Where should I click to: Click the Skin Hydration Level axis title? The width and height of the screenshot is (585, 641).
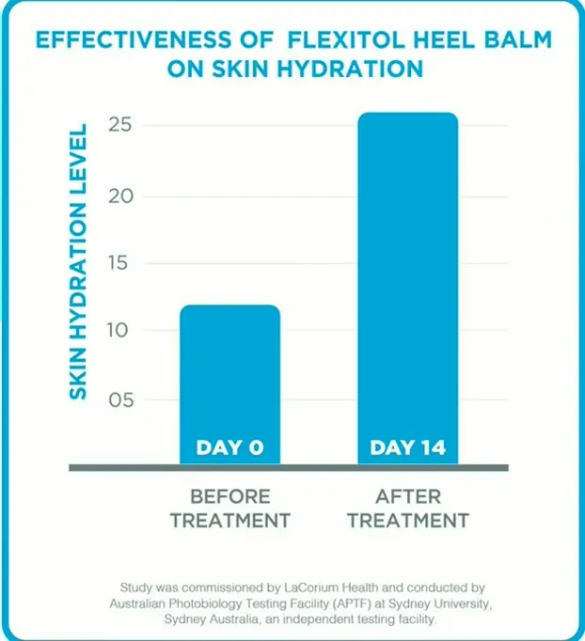coord(79,260)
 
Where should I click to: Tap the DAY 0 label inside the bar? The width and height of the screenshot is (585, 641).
coord(229,447)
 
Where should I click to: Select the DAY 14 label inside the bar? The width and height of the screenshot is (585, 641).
coord(407,447)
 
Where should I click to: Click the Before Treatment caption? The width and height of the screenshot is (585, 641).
coord(230,508)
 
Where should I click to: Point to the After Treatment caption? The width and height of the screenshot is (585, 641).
coord(408,508)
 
